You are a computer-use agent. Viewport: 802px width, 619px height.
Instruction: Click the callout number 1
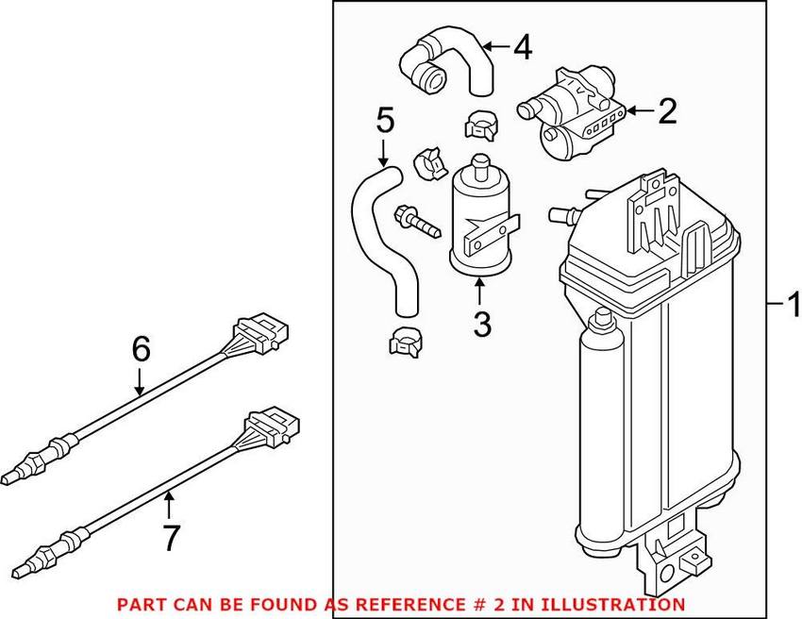[x=792, y=305]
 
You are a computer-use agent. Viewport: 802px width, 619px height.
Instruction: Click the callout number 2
[x=667, y=112]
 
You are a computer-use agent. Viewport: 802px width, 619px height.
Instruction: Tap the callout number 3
[x=482, y=326]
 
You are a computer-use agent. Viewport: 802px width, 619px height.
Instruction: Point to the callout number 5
[x=384, y=120]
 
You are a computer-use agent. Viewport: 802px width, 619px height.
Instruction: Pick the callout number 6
[x=140, y=350]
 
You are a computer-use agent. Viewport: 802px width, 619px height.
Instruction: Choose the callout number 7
[x=170, y=537]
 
